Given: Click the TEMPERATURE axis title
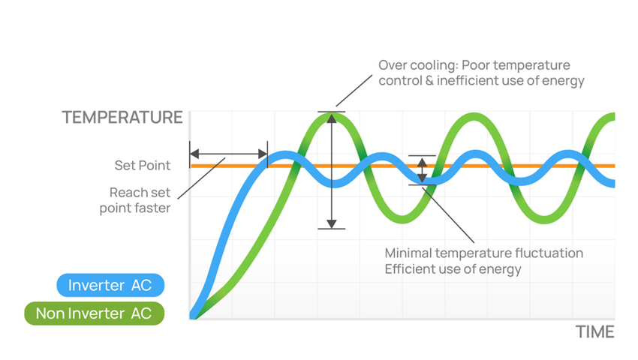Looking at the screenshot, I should (122, 118).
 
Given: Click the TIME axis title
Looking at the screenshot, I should (594, 331).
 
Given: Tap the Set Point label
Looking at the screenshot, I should (143, 165).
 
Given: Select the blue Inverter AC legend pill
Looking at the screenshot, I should (110, 285).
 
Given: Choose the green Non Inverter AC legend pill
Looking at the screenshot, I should (94, 313).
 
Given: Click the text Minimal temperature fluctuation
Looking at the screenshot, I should (483, 253).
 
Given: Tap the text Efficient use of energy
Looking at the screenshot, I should (453, 268).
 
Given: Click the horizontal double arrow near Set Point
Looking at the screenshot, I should (229, 153).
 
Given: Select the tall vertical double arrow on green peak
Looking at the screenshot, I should (331, 170).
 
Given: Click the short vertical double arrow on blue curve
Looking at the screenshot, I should (422, 169).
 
